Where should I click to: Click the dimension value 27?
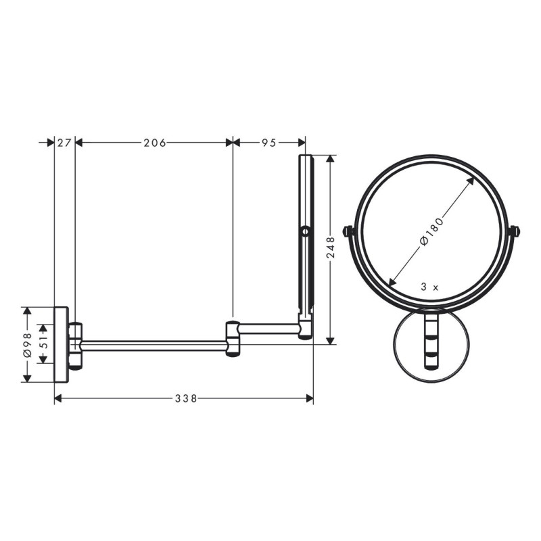coord(64,143)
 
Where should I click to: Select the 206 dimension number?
coord(154,143)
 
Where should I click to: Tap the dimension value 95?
coord(269,143)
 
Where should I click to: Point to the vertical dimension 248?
coord(330,248)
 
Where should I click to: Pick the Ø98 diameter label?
coord(27,345)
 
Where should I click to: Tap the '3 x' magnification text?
coord(429,287)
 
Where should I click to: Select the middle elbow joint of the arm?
coord(233,339)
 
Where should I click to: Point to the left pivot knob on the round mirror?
coord(349,231)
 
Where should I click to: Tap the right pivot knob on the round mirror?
coord(515,231)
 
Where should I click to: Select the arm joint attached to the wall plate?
coord(75,346)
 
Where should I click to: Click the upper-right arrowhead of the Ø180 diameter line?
coord(471,181)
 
